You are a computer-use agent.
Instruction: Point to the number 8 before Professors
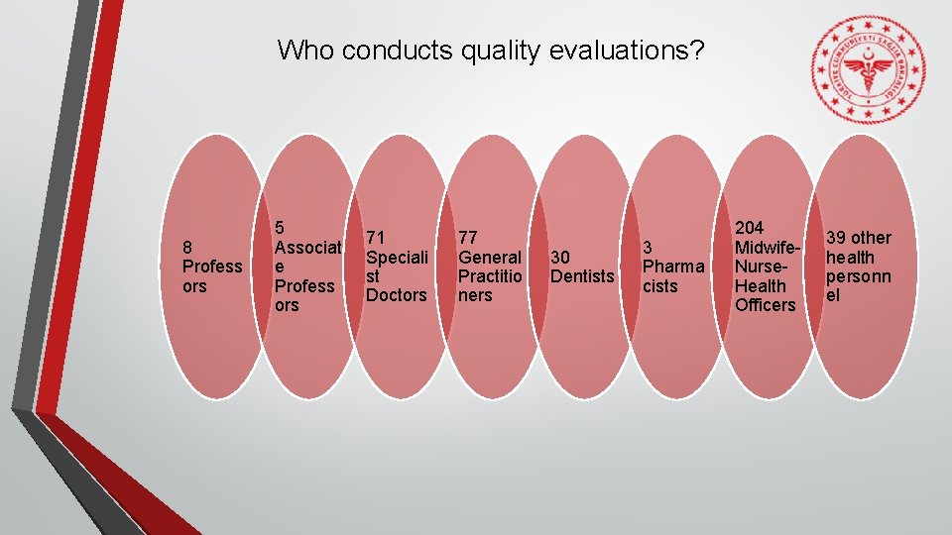point(187,247)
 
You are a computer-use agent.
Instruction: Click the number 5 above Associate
point(281,227)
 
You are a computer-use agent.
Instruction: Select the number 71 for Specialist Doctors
point(376,238)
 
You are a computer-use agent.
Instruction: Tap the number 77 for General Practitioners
point(468,238)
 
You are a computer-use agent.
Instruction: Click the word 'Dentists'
point(582,276)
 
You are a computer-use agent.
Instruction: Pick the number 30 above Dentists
point(560,258)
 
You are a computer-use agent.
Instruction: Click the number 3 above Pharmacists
point(648,247)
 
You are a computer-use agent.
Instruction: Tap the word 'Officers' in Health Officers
point(765,305)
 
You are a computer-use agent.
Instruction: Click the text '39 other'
point(859,238)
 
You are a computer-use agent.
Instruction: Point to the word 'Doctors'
point(396,295)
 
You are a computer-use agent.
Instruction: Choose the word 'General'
point(489,258)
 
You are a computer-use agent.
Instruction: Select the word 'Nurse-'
point(761,267)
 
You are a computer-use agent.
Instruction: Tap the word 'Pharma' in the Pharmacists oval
point(673,267)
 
